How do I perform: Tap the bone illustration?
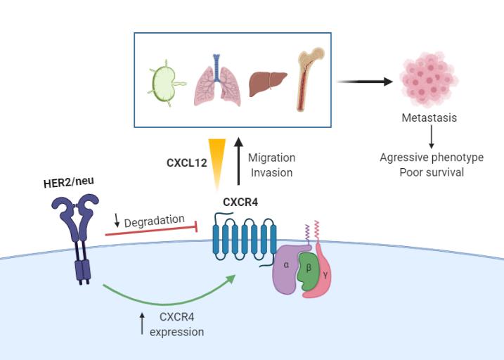(x=307, y=78)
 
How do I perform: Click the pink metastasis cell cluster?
(x=429, y=79)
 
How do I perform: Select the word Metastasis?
(x=429, y=117)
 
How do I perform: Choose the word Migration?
(x=271, y=157)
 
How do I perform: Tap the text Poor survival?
(x=432, y=172)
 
